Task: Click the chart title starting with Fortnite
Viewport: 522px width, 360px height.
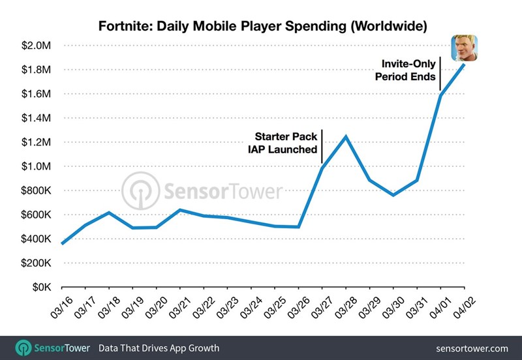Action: coord(263,27)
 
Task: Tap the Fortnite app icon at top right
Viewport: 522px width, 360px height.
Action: coord(465,48)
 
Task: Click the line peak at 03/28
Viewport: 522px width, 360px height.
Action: coord(345,136)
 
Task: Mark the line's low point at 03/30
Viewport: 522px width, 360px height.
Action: coord(393,195)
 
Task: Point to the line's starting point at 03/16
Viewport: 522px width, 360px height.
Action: coord(62,243)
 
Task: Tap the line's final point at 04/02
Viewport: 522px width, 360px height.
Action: coord(464,64)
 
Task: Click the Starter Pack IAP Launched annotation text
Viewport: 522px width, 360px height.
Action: coord(286,143)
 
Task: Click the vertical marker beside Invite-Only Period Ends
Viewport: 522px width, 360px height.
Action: coord(440,74)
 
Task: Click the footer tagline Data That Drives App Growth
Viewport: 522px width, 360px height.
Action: coord(159,348)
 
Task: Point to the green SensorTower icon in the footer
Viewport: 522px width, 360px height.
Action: coord(25,347)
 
